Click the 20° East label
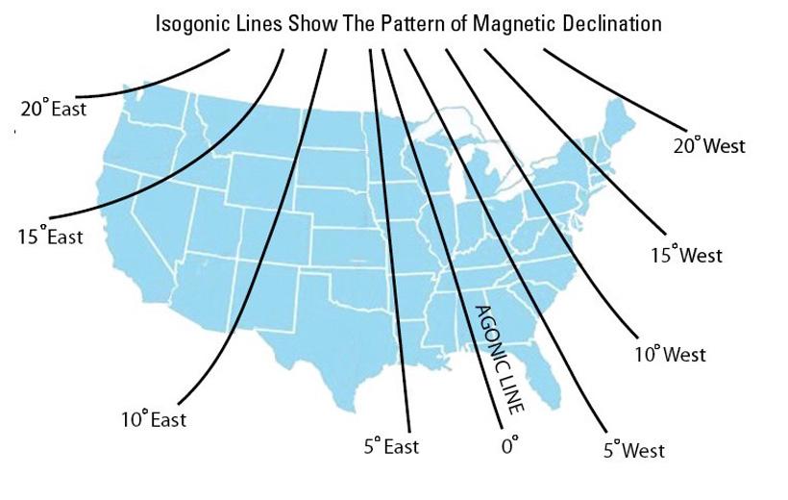(x=53, y=109)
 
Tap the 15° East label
(x=50, y=236)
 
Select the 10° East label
(x=153, y=419)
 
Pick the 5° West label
(x=633, y=449)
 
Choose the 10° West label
(x=670, y=354)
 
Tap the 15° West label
(x=686, y=255)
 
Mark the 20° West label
(x=709, y=145)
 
